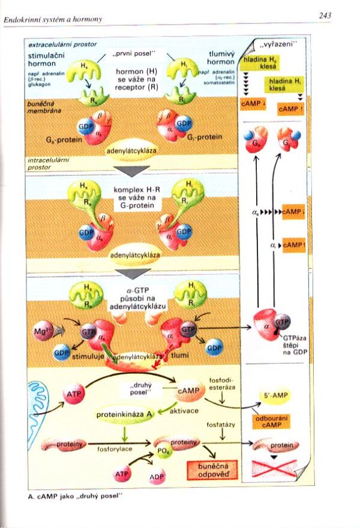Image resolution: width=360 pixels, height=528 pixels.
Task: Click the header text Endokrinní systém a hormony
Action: coord(53,19)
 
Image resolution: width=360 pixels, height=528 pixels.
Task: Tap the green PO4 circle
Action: coord(161,451)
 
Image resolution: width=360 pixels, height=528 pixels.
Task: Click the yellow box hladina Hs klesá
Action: coord(259,64)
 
